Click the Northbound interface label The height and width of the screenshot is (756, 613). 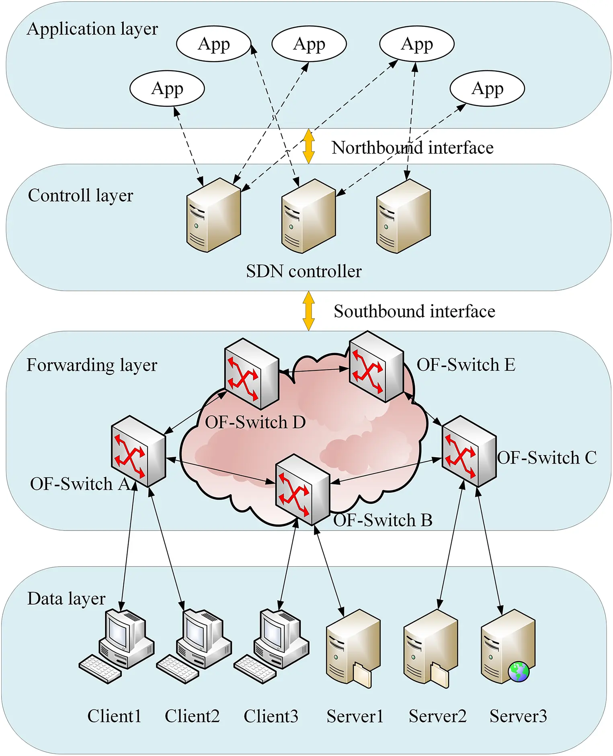(412, 148)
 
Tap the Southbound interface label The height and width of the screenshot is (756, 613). (414, 311)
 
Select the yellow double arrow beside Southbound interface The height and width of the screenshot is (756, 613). (308, 311)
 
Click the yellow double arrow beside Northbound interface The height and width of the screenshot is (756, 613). (308, 146)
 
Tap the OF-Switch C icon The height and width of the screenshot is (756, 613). (469, 452)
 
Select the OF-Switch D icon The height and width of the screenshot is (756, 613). (252, 374)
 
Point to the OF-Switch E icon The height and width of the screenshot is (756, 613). (376, 366)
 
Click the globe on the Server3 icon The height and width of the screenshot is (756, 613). (519, 672)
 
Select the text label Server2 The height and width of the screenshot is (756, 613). (437, 716)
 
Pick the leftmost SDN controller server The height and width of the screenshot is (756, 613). (213, 215)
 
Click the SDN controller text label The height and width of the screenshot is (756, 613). (304, 271)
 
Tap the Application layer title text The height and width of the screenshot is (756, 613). (92, 29)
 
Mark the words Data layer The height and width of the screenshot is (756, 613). (66, 599)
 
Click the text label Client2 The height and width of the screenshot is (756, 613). (192, 716)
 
